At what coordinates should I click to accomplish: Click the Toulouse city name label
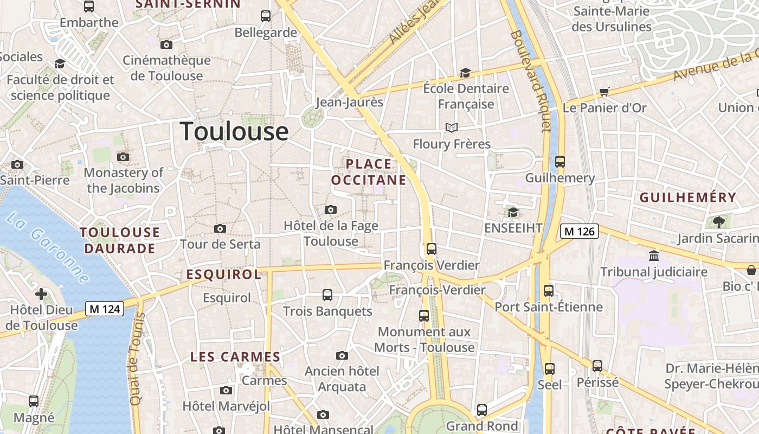234,132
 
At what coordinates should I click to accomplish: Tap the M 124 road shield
105,309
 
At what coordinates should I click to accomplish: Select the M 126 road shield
579,232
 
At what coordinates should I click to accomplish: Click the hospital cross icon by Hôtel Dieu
41,295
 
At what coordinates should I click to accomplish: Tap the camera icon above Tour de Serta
220,228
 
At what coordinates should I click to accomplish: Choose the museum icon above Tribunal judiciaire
654,256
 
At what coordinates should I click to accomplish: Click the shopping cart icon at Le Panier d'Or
604,92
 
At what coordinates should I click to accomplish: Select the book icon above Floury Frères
452,127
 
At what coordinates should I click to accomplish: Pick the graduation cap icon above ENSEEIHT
513,212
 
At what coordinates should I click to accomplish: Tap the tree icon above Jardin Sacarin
719,222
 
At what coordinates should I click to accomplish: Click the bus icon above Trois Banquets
327,295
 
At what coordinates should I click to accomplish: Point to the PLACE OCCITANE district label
369,172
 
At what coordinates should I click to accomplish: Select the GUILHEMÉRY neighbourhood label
688,197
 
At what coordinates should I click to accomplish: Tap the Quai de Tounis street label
137,358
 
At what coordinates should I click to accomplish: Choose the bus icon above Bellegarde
266,16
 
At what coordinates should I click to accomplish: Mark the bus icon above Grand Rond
482,410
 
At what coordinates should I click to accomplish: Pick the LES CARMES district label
235,357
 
